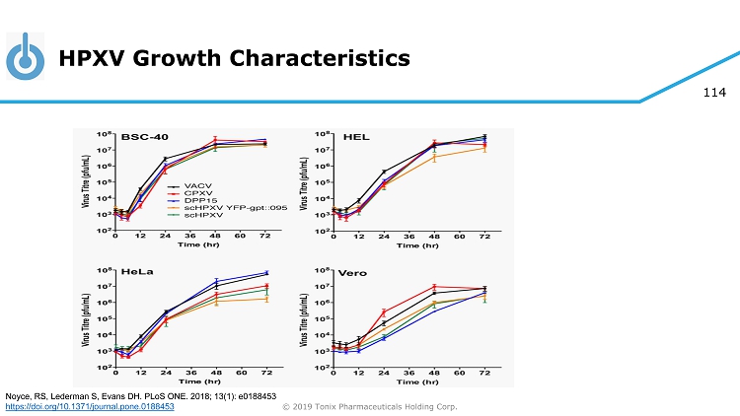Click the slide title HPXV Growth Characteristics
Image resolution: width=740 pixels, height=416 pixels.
[234, 59]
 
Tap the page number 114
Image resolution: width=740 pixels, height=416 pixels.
[713, 93]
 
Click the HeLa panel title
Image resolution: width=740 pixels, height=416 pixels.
[135, 273]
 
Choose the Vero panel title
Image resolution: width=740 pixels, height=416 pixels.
[353, 273]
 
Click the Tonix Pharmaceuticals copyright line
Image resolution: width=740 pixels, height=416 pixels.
[370, 406]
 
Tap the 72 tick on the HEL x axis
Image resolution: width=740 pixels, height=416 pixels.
[484, 237]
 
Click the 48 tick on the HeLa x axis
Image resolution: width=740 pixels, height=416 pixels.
[215, 374]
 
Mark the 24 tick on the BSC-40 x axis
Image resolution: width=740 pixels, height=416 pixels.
[165, 237]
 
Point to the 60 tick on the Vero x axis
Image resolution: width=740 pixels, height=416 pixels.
[459, 374]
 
